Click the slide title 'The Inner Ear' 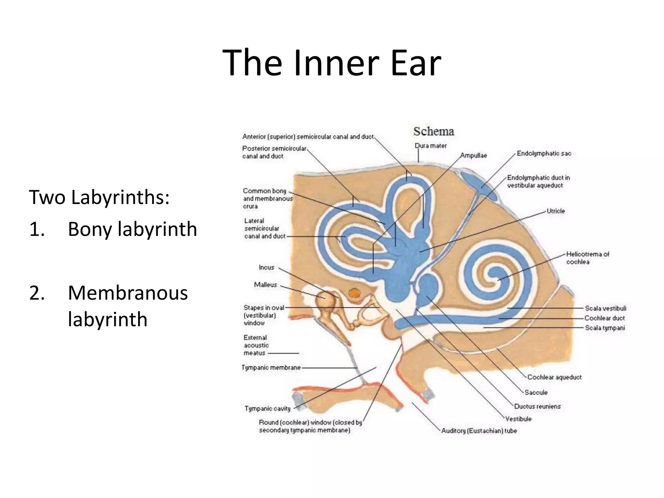tap(332, 62)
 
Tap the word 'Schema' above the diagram tap(433, 131)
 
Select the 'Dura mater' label tap(431, 146)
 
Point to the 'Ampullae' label tap(474, 156)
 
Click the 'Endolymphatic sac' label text tap(544, 153)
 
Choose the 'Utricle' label tap(556, 211)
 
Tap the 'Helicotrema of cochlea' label tap(587, 258)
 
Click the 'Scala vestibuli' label tap(605, 308)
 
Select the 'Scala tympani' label tap(605, 328)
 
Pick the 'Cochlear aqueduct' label tap(554, 377)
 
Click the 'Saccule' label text tap(536, 392)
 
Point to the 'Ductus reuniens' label tap(537, 406)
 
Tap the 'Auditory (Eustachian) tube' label tap(479, 431)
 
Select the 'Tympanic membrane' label tap(271, 368)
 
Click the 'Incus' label tap(267, 267)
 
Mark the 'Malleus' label tap(266, 285)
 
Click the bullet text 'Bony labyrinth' tap(132, 229)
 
